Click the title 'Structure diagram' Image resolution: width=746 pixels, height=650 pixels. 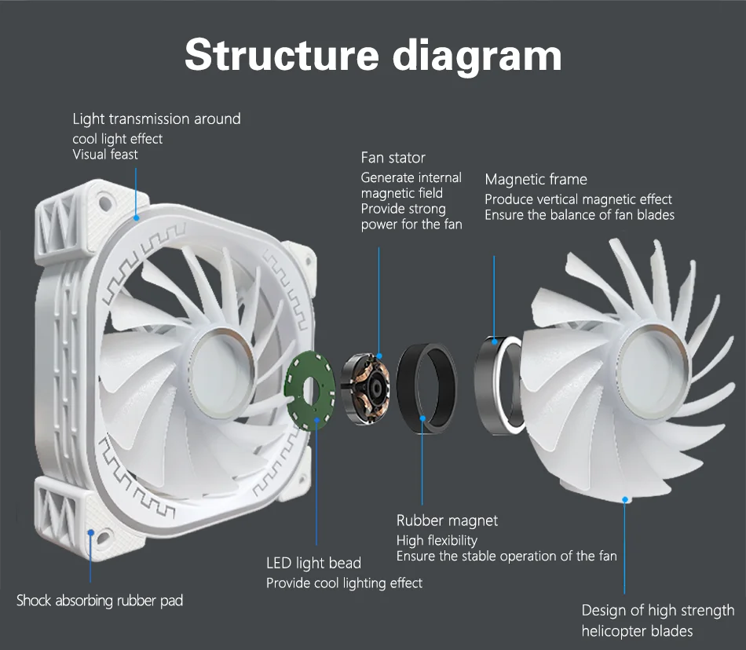click(x=373, y=54)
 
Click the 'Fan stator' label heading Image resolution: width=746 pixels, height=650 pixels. click(x=393, y=158)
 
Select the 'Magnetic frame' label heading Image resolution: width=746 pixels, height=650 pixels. click(x=536, y=180)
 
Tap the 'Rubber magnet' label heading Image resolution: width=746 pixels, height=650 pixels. click(x=447, y=520)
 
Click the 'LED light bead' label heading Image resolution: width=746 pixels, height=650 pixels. click(x=313, y=563)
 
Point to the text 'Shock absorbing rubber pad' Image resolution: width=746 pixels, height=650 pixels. click(x=100, y=601)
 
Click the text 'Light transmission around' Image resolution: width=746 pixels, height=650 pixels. click(x=156, y=119)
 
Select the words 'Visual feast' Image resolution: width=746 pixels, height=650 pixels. click(x=105, y=155)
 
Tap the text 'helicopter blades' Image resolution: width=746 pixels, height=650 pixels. click(x=637, y=631)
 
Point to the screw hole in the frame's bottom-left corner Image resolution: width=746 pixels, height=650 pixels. click(x=92, y=534)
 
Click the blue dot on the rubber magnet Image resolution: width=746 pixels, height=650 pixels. click(x=422, y=419)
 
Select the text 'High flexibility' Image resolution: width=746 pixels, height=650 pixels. click(x=437, y=540)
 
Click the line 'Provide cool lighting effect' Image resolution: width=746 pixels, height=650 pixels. click(x=344, y=583)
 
